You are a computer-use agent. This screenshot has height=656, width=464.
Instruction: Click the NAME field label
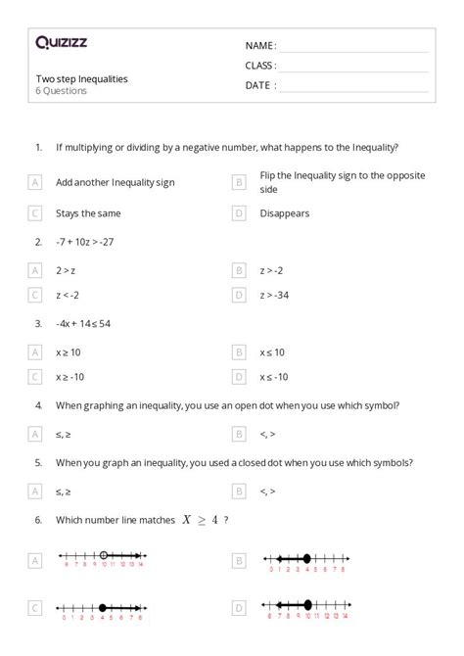click(x=260, y=46)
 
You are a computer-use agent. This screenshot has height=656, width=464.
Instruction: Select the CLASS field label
click(x=261, y=66)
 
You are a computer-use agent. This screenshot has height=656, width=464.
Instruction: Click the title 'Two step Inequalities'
click(x=81, y=78)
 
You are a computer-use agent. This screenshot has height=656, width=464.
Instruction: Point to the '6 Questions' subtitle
click(x=61, y=91)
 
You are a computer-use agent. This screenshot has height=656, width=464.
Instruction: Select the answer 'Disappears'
click(x=285, y=211)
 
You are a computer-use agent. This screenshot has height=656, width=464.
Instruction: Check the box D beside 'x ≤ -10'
click(x=239, y=377)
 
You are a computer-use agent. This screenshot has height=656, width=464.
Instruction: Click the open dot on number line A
click(x=104, y=557)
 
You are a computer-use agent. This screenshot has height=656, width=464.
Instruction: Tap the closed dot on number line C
click(x=102, y=607)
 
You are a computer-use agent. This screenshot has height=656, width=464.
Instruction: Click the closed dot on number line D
click(x=308, y=605)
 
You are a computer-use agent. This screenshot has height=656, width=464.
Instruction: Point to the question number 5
click(x=38, y=462)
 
